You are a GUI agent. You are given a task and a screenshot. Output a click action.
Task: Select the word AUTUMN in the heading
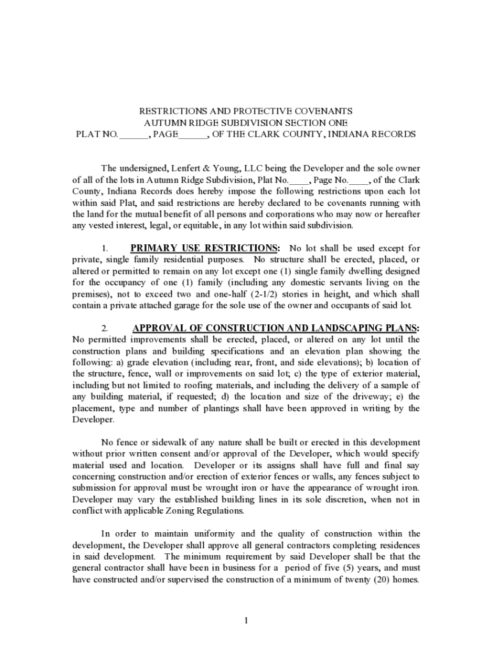[x=165, y=122]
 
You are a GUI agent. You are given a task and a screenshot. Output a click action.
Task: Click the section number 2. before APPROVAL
[x=105, y=329]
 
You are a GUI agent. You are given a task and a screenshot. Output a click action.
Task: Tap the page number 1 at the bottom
[x=246, y=620]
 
